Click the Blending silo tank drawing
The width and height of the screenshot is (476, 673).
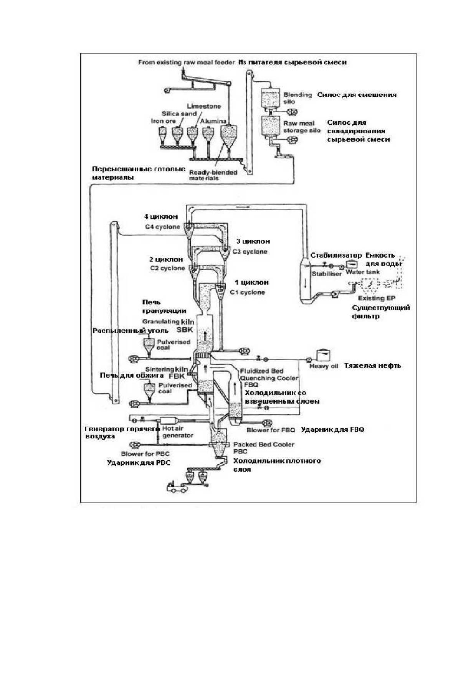click(270, 98)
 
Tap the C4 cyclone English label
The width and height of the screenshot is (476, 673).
click(162, 227)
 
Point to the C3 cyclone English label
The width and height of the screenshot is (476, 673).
click(250, 252)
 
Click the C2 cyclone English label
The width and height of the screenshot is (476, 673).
click(168, 268)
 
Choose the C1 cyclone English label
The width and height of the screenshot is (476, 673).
click(248, 292)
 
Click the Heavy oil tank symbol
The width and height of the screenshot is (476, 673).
click(323, 354)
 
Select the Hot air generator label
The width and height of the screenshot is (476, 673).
click(178, 432)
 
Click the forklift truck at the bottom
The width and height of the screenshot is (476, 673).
click(176, 487)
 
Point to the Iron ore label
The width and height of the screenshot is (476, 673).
click(163, 121)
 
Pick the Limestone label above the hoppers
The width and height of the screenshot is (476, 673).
click(204, 106)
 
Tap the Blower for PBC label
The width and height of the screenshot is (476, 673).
click(145, 454)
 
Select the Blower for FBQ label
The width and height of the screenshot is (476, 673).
click(271, 430)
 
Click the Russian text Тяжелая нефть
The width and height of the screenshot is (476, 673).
click(372, 366)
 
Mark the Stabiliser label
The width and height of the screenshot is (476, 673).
click(327, 274)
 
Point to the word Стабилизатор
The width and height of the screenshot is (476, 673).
click(336, 256)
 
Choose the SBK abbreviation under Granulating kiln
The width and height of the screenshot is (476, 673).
click(185, 330)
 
